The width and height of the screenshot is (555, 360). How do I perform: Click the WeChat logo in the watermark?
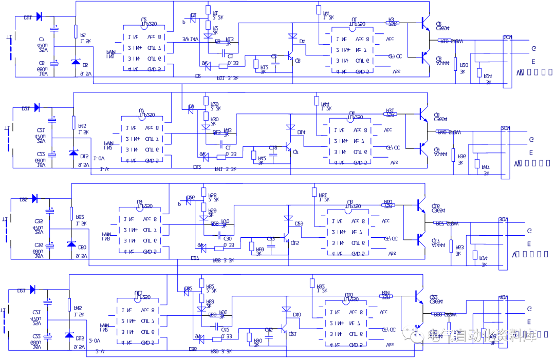tap(413, 334)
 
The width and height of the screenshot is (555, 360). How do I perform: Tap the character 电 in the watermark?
tap(433, 335)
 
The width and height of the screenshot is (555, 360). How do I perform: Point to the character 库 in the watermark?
tap(529, 335)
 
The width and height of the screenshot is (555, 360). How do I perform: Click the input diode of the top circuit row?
tap(39, 16)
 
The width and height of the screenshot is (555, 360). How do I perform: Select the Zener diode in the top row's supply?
tap(76, 62)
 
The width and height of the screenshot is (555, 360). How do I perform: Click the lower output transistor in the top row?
tap(424, 56)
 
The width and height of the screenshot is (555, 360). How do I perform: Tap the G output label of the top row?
tap(533, 49)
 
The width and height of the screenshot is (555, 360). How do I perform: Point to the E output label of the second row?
tap(531, 153)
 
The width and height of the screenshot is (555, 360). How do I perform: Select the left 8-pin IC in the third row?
tap(140, 230)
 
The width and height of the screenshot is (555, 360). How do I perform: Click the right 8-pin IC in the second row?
tap(350, 141)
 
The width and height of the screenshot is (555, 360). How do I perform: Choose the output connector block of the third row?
tap(503, 243)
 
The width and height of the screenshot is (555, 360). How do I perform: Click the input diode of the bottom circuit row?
tap(33, 290)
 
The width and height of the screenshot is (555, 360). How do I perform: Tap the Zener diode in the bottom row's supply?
tap(69, 335)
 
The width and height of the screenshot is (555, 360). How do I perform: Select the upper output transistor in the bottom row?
tap(418, 295)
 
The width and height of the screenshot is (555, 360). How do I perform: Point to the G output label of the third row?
tap(529, 231)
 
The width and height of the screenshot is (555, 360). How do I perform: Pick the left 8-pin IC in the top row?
tap(144, 48)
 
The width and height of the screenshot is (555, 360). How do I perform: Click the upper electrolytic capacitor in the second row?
tap(52, 121)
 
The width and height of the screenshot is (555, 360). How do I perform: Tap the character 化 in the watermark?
tap(482, 335)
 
